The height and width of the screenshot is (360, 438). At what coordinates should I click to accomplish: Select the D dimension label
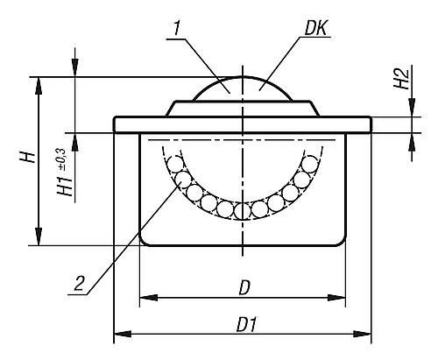[x=244, y=286]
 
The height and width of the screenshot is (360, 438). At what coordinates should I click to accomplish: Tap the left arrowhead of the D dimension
[x=146, y=298]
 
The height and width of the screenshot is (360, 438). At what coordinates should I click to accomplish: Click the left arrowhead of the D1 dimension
[x=121, y=334]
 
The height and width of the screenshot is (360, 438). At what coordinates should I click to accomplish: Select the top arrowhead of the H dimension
[x=39, y=83]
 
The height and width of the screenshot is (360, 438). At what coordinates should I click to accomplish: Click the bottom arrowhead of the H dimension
[x=39, y=238]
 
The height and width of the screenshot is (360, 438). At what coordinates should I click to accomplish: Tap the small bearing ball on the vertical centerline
[x=243, y=210]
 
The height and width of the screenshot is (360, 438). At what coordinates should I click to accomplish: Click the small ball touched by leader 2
[x=184, y=182]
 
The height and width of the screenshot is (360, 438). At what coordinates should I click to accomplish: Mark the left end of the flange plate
[x=116, y=124]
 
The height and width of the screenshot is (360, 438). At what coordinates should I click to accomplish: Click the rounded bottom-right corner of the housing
[x=338, y=239]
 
